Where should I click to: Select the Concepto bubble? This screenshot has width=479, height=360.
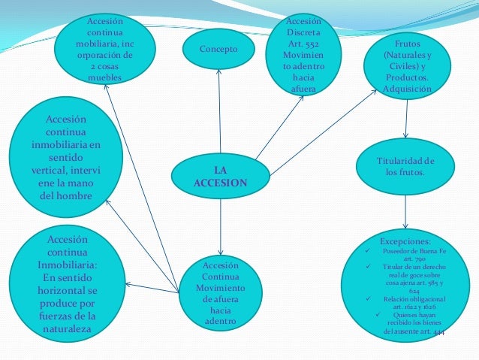tap(218, 50)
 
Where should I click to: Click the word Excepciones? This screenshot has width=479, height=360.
tap(405, 241)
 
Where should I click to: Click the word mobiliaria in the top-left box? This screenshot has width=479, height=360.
tap(105, 44)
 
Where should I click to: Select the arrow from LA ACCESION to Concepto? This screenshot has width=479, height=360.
tap(219, 113)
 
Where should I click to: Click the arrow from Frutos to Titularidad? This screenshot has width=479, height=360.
tap(405, 120)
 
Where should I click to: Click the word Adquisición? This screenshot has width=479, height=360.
tap(407, 89)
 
